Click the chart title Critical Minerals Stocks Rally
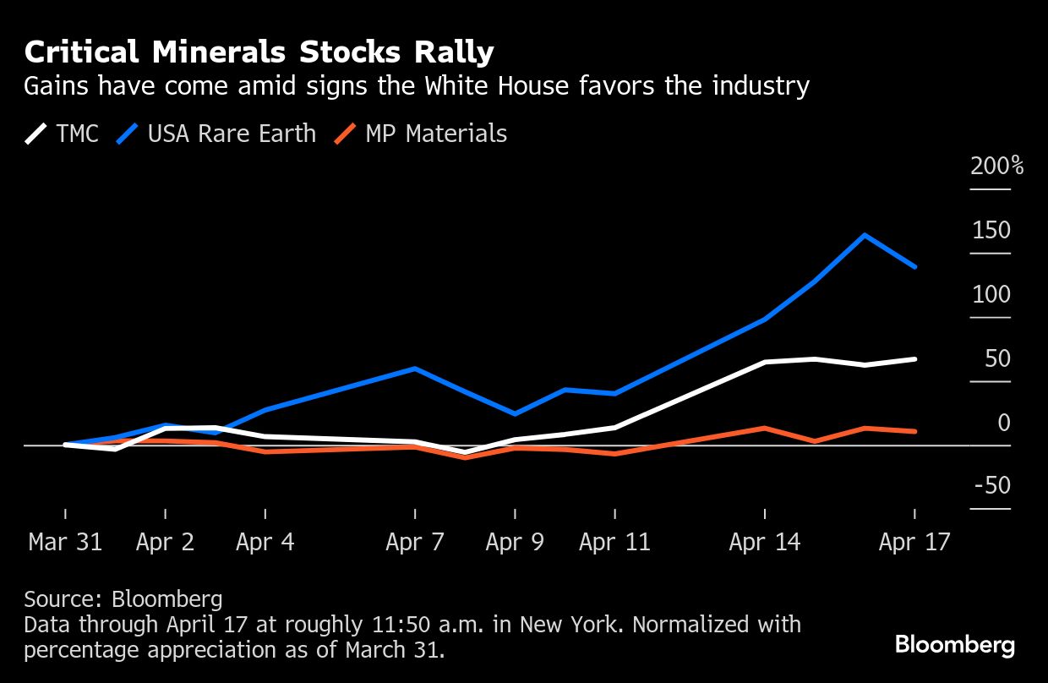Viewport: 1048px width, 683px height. [259, 52]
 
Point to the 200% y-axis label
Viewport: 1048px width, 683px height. [996, 166]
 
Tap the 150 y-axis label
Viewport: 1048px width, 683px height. [991, 230]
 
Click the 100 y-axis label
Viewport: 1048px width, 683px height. [991, 294]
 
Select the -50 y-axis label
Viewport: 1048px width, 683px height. [991, 486]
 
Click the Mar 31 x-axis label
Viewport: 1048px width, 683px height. [65, 542]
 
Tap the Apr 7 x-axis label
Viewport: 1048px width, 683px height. [415, 542]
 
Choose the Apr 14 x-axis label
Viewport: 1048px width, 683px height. [764, 542]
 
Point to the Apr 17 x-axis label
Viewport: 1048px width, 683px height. [914, 542]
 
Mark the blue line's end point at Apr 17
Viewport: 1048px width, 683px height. [915, 267]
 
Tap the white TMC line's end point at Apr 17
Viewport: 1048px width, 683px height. [915, 359]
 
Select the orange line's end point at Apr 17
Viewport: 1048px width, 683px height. [915, 431]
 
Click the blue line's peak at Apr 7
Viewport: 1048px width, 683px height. [415, 369]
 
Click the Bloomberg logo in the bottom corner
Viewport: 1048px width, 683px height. [955, 646]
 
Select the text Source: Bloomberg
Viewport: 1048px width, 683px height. [123, 599]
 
